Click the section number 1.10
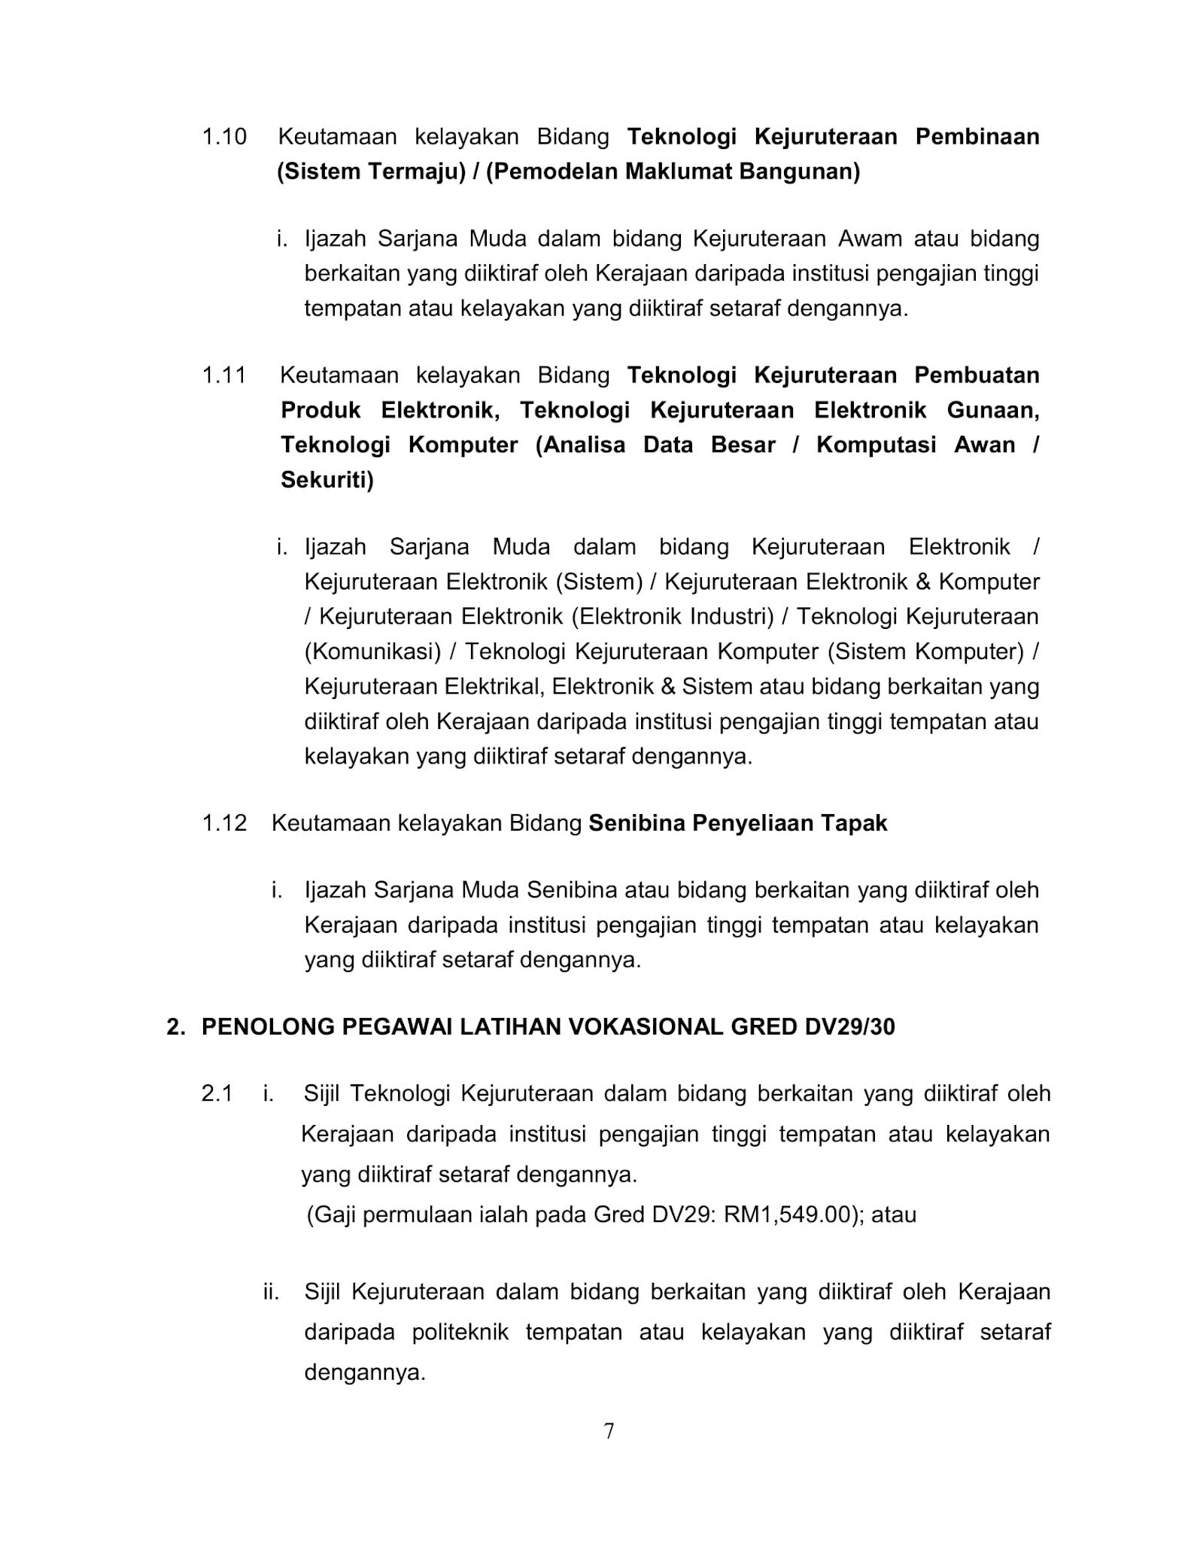pos(224,137)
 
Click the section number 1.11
pos(224,375)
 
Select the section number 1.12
pos(224,823)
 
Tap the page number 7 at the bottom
pos(609,1430)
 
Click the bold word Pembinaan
pos(977,137)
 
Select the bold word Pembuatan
pos(977,375)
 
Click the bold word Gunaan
pos(993,410)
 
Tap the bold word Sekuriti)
pos(327,480)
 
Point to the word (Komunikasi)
pos(372,652)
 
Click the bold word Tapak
pos(854,823)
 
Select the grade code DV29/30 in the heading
pos(849,1027)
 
